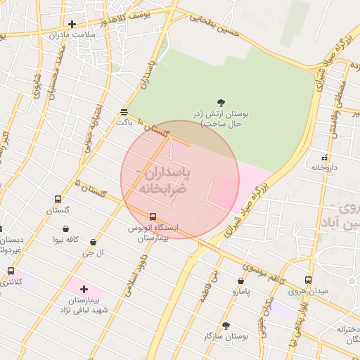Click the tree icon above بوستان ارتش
pos(222,102)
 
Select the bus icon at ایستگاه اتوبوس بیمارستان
pos(153,217)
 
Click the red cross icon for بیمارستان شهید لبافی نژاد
pos(84,289)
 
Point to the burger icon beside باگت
pos(124,112)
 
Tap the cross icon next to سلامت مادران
pos(72,25)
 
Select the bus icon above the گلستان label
pos(58,200)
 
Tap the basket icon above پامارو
pos(241,281)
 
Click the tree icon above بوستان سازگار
pos(225,326)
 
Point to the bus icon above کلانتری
pos(11,271)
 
